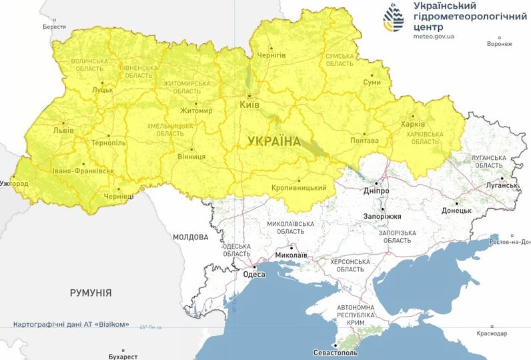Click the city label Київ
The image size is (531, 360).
pos(249,105)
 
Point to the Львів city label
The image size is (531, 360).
pos(65,131)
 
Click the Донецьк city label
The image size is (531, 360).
pos(456,210)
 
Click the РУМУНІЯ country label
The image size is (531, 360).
pos(91,293)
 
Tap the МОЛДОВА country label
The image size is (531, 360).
pos(190,237)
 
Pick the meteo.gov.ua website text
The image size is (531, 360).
pos(434,37)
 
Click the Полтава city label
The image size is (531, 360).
pos(364,141)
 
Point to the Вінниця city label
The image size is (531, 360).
pos(192,158)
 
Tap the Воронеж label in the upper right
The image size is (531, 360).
pos(500,44)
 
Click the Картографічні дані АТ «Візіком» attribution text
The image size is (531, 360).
pos(71,325)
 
